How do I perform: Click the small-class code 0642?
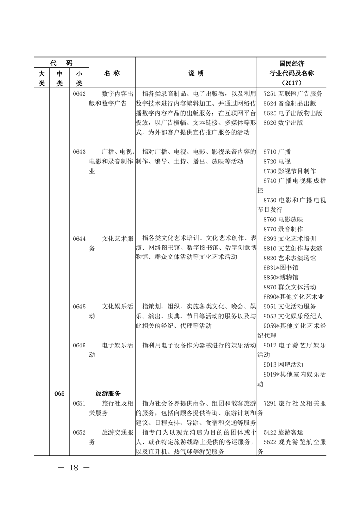[79, 93]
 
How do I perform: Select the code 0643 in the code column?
[79, 152]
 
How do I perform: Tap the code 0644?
[79, 238]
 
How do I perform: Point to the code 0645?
[79, 306]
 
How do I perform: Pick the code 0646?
[79, 345]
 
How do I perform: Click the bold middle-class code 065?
[59, 393]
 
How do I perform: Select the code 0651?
[79, 403]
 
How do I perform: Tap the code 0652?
[79, 432]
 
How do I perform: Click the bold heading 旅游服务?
[111, 393]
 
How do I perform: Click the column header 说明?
[196, 73]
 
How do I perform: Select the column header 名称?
[112, 73]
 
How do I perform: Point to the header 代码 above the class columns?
[61, 63]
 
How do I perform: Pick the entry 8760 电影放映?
[283, 219]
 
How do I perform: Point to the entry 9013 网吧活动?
[283, 364]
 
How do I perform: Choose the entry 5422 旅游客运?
[283, 432]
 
